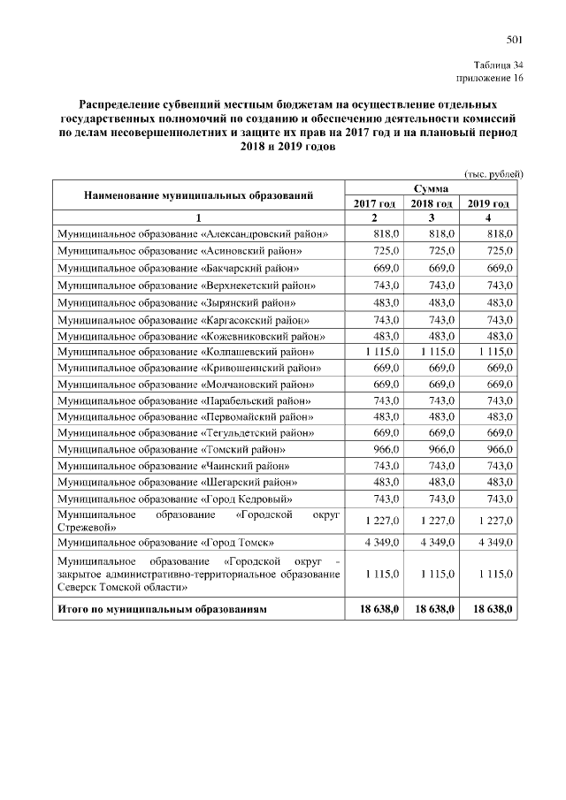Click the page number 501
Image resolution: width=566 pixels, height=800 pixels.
(x=515, y=40)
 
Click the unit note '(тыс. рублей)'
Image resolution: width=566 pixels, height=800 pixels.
(x=494, y=174)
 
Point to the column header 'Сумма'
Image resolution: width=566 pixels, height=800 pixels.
(x=431, y=188)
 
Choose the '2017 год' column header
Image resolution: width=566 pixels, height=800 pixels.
(x=374, y=204)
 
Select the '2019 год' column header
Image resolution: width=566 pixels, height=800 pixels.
(x=490, y=204)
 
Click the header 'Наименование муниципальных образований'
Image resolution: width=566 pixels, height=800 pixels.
(x=198, y=195)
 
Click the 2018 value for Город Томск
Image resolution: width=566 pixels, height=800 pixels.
(x=431, y=541)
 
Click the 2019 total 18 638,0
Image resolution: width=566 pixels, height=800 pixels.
(x=492, y=610)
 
